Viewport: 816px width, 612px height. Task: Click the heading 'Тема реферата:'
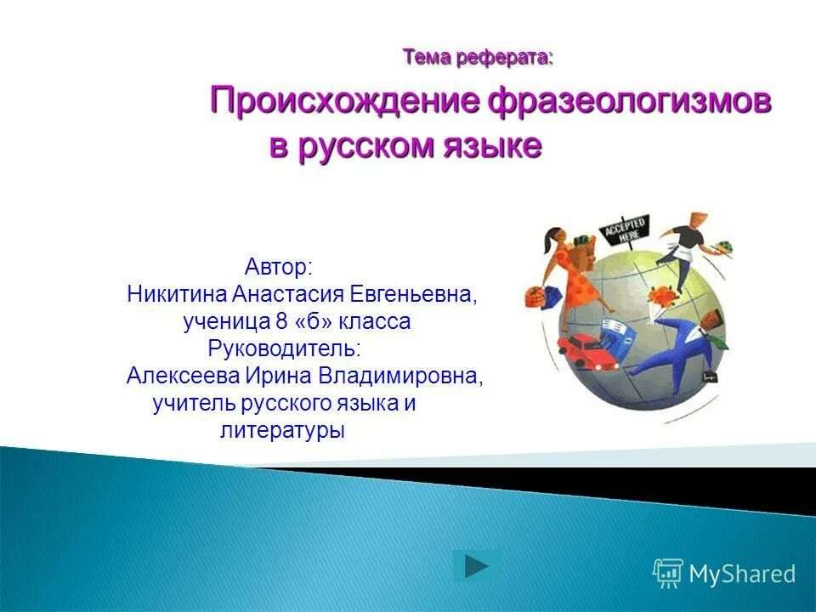tap(478, 58)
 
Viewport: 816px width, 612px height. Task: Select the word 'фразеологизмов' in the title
tap(630, 102)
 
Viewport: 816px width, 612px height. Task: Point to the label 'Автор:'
tap(280, 267)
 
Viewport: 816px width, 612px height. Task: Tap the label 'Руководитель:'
tap(284, 348)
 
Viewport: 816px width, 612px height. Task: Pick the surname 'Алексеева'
tap(182, 376)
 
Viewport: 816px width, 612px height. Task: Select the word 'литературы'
tap(282, 430)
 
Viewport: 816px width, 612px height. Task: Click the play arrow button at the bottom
tap(477, 566)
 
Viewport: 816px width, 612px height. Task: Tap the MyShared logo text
tap(741, 574)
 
